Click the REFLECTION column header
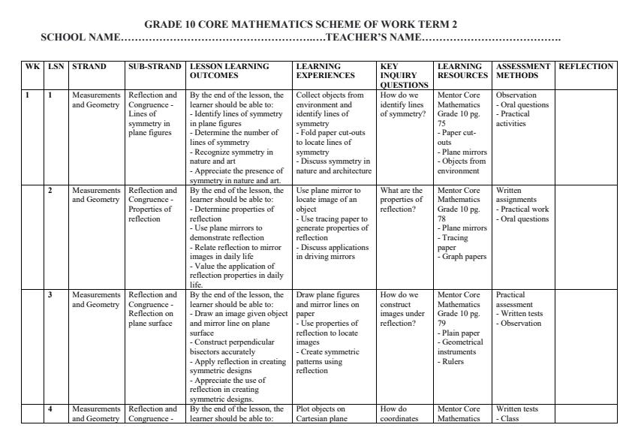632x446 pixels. [586, 67]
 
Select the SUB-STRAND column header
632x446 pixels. [155, 67]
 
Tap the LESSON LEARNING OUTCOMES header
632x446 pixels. [229, 71]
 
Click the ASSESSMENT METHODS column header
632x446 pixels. [523, 71]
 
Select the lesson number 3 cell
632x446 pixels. [50, 295]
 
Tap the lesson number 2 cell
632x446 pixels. [50, 190]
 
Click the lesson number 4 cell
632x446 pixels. [50, 409]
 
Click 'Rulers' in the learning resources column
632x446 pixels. [451, 361]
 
